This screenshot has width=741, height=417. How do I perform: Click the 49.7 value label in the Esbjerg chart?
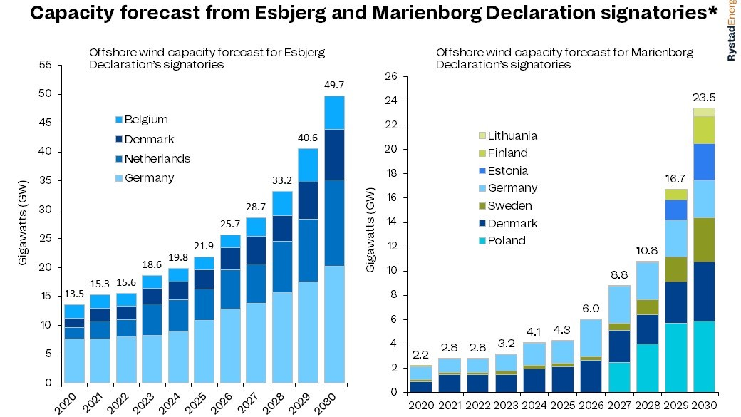tap(334, 86)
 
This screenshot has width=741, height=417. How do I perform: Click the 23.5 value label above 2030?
tap(703, 98)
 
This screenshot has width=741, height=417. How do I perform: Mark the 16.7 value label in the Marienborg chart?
tap(675, 178)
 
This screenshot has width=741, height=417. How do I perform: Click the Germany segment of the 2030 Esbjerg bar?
tap(334, 324)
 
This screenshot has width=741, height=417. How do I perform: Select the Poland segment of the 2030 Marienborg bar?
tap(703, 356)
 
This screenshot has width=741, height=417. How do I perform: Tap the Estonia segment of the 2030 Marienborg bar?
tap(703, 162)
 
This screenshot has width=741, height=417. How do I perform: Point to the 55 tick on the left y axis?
tap(46, 65)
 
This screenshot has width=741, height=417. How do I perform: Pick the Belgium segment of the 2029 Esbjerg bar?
tap(308, 165)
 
